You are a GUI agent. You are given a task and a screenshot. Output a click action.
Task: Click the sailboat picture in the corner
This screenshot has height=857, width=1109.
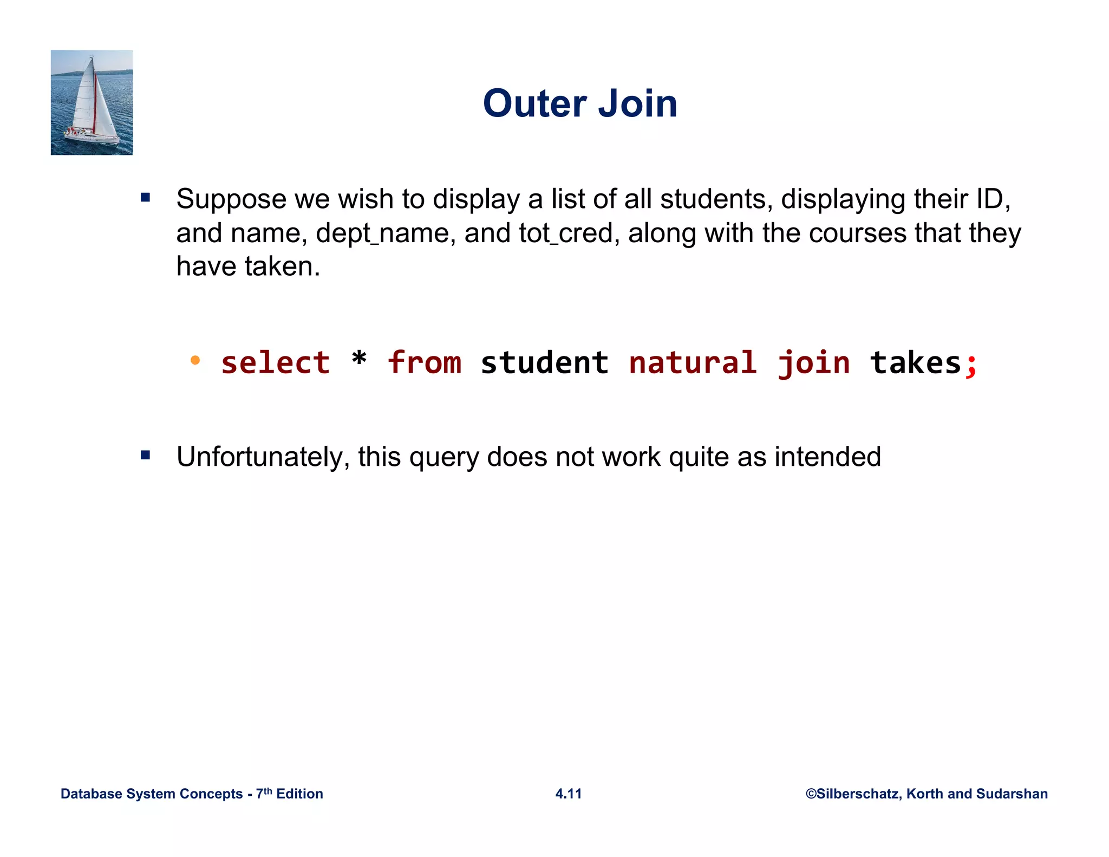(92, 102)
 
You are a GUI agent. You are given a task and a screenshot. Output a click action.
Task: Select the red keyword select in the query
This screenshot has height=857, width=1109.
(275, 362)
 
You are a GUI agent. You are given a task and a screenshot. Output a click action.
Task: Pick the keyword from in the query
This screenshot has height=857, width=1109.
(424, 362)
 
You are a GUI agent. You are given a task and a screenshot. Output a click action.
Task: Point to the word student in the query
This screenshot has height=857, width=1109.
(544, 362)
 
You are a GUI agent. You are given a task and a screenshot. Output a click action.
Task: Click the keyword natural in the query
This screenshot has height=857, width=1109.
(693, 362)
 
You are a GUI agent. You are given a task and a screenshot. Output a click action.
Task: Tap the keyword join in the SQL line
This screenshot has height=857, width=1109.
(813, 363)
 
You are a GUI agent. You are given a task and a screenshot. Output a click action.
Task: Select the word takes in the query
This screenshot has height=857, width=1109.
(915, 362)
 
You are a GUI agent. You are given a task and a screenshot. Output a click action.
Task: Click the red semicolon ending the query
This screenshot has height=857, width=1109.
(971, 365)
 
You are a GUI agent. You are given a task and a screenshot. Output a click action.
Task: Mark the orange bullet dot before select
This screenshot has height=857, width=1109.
(195, 360)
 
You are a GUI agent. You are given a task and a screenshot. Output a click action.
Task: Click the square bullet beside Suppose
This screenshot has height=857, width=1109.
(145, 197)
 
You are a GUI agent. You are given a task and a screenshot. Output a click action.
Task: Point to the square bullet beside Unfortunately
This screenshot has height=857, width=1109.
(145, 455)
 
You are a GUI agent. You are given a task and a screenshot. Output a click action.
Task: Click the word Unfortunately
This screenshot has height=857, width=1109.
(263, 457)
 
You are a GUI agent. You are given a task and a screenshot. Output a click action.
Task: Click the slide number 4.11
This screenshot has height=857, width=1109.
(569, 794)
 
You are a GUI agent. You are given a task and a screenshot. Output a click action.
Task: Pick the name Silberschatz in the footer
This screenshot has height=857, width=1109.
(858, 794)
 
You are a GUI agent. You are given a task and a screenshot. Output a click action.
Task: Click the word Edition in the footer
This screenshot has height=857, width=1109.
(299, 794)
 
